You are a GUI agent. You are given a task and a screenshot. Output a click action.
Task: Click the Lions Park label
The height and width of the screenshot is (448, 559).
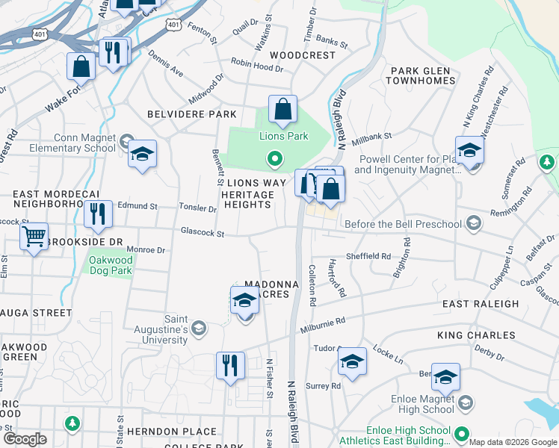(283, 137)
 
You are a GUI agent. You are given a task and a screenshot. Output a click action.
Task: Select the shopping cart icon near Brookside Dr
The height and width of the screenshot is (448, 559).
(34, 237)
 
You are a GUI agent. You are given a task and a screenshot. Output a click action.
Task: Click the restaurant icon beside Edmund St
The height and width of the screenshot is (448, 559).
(98, 214)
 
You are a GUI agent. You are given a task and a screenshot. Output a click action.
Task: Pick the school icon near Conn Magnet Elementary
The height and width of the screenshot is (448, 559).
(142, 155)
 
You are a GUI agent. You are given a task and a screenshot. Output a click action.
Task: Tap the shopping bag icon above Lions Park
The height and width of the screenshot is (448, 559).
(282, 109)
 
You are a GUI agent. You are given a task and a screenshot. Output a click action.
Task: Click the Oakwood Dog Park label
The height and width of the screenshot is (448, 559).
(111, 265)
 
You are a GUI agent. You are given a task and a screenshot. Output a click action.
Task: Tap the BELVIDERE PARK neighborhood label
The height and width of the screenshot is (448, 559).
(192, 114)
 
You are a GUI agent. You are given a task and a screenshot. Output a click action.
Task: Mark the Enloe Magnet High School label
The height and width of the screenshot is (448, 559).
(423, 405)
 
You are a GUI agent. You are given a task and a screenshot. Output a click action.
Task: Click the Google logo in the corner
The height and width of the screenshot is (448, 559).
(25, 439)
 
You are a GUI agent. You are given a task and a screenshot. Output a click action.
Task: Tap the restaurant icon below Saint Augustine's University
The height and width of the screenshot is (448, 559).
(230, 365)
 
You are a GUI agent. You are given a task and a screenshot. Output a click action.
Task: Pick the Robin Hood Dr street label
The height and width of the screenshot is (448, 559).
(257, 67)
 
